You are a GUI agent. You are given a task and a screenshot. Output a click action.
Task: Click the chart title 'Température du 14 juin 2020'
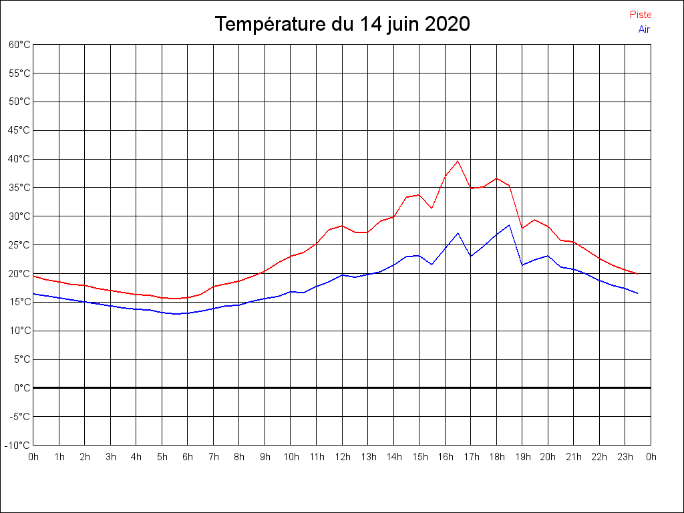[342, 24]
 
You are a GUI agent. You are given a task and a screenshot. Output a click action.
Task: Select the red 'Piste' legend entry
[640, 15]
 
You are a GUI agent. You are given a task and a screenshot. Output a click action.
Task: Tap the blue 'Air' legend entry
[644, 29]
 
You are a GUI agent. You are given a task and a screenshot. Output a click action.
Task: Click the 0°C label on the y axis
[22, 388]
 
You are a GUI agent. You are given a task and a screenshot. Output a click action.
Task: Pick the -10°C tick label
[18, 446]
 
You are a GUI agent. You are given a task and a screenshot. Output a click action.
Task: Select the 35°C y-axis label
[19, 188]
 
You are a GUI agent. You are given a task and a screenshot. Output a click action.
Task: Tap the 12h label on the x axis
[342, 458]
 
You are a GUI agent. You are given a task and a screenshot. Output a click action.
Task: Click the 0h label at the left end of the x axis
[33, 458]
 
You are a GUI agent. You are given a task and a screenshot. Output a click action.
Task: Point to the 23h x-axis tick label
[625, 458]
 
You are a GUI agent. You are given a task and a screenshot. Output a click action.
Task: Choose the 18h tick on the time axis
[496, 458]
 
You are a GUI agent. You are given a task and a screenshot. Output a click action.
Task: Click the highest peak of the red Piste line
[458, 160]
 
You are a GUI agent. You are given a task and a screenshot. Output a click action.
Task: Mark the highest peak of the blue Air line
[509, 224]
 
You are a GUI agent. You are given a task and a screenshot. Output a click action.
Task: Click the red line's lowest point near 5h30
[175, 299]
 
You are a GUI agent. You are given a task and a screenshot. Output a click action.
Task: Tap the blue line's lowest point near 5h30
[175, 314]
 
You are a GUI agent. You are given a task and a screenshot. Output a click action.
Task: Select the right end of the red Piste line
[637, 274]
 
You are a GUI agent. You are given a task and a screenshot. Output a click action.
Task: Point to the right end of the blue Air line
[637, 293]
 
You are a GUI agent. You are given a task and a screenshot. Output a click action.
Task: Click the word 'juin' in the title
[403, 24]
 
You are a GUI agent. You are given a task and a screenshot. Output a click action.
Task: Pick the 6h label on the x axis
[188, 458]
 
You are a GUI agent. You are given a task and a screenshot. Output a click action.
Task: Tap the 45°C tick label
[19, 130]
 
